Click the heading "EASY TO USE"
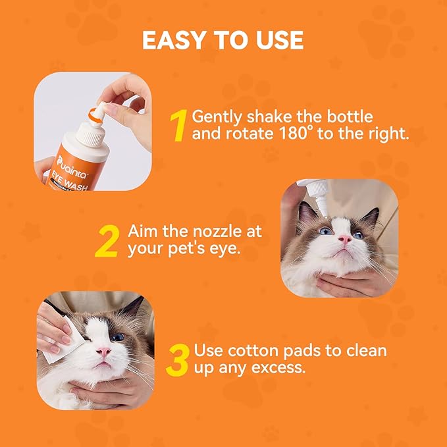click(223, 40)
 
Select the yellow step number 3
click(178, 359)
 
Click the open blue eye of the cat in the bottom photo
click(117, 336)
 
